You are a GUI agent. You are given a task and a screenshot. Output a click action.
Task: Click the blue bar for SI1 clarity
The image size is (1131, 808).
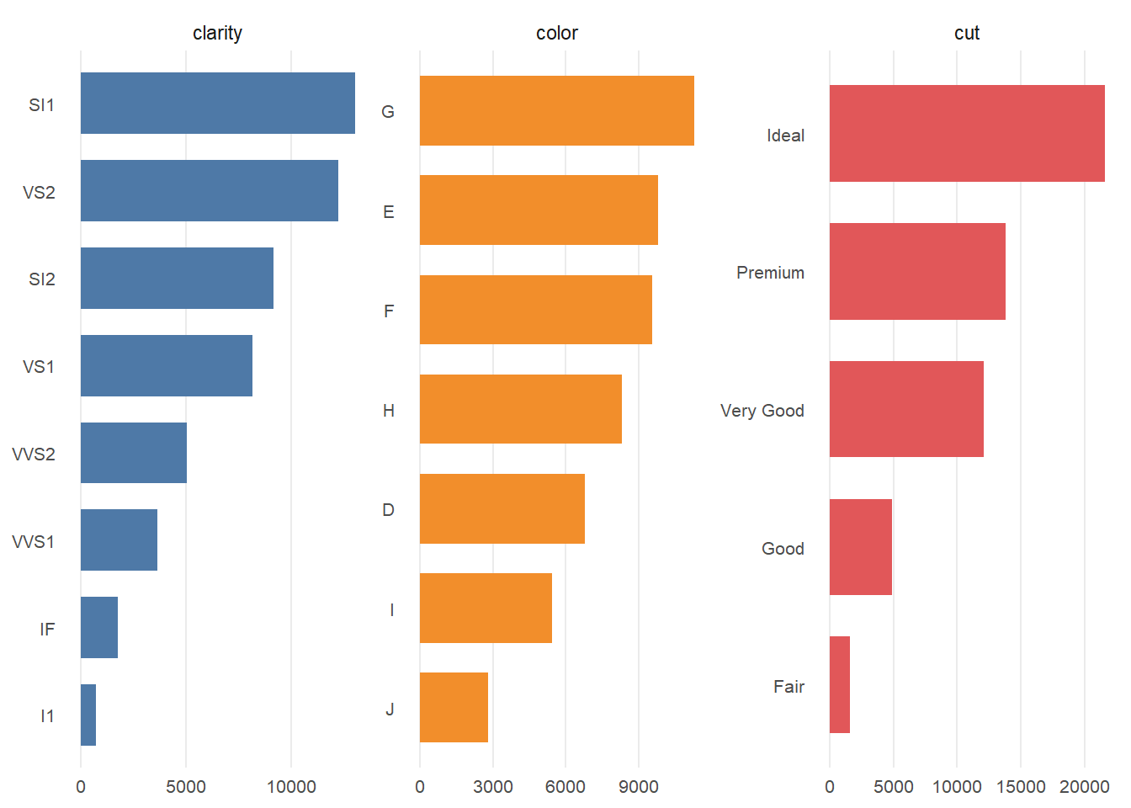coord(217,104)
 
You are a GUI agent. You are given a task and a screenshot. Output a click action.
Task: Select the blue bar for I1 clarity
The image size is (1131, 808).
coord(88,715)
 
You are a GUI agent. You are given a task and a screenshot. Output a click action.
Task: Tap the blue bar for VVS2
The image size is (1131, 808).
coord(134,453)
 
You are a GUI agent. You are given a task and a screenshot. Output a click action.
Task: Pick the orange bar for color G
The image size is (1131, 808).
coord(556,111)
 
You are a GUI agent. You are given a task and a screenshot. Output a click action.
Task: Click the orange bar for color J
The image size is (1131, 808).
coord(454,708)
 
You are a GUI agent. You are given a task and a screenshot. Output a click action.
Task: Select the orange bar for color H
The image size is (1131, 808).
coord(520,409)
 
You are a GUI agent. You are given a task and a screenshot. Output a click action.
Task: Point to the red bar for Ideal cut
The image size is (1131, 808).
coord(967,134)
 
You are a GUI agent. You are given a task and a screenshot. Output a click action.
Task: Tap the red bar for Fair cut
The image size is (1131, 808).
coord(840,685)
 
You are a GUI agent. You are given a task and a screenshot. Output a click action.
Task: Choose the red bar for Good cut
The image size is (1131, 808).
coord(860,547)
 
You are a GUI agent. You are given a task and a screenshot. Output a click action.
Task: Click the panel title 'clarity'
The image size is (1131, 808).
coord(217,33)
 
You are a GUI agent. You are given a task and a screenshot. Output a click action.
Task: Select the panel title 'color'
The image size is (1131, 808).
coord(556,33)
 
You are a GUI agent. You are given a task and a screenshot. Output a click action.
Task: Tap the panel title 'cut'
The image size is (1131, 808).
coord(967,33)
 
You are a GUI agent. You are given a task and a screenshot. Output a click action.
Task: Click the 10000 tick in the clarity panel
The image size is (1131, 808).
coord(291,787)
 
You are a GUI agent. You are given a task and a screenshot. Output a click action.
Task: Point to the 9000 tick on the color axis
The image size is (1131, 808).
coord(638,787)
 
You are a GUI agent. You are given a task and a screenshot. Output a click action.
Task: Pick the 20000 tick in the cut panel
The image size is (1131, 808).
coord(1084,787)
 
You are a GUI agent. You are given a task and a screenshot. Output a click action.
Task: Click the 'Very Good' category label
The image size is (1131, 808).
coord(762,411)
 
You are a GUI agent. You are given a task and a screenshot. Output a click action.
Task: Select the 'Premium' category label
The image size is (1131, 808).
coord(770,273)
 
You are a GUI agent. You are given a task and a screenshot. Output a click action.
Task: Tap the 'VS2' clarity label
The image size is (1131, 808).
coord(39,193)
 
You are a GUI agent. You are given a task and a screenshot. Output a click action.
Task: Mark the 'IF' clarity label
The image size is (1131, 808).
coord(47,630)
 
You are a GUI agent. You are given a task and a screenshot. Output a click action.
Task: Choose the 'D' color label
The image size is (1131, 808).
coord(388,510)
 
